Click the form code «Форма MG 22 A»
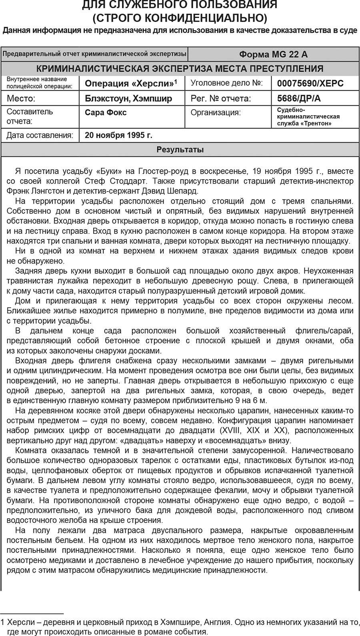273,54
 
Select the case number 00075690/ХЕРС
310,84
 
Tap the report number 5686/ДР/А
299,98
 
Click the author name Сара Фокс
106,112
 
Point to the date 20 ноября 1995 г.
118,135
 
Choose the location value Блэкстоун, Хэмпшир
128,98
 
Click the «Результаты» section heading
180,150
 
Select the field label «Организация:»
216,112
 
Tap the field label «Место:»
21,98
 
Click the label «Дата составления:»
40,135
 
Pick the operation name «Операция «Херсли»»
130,84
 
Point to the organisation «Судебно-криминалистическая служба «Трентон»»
308,116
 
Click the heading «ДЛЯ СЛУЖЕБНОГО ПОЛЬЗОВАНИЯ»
180,5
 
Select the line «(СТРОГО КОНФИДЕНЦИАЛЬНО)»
180,18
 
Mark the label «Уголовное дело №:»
226,83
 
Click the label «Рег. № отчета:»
220,98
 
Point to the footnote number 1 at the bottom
3,622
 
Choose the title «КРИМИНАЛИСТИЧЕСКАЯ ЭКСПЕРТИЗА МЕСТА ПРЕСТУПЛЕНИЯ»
180,68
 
